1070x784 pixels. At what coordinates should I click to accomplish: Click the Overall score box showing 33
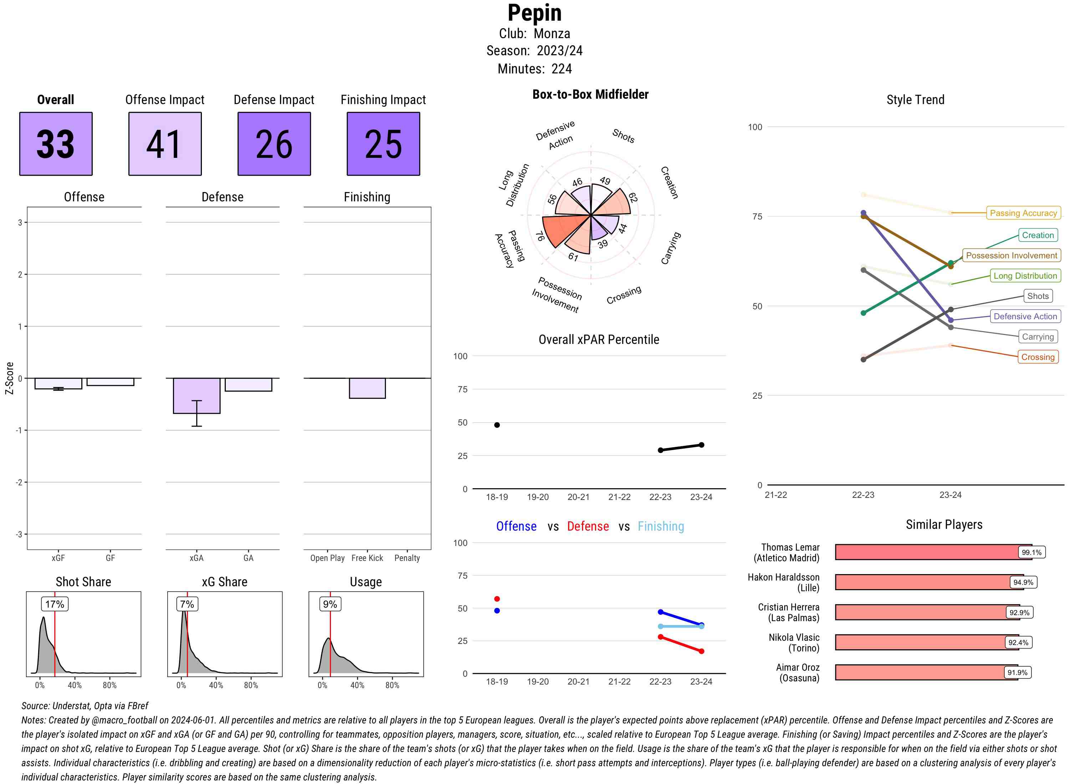tap(56, 144)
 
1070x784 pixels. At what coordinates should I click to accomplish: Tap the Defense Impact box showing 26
tap(274, 144)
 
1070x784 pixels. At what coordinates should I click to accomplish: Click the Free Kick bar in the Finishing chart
tap(367, 388)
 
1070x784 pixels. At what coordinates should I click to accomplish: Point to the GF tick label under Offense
tap(110, 558)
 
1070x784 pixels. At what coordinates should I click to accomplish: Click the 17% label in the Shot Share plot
tap(55, 604)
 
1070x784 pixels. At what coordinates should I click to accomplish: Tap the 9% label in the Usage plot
tap(330, 604)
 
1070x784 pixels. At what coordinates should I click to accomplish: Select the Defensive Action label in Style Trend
tap(1025, 316)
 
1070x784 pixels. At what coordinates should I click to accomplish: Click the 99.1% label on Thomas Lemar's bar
tap(1031, 552)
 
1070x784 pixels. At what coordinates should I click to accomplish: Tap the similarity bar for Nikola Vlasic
tap(926, 642)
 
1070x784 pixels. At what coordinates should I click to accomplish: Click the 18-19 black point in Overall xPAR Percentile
tap(497, 425)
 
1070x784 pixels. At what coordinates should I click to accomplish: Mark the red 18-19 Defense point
tap(497, 599)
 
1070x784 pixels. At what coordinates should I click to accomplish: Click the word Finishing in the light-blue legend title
tap(661, 526)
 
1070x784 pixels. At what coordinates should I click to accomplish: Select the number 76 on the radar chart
tap(540, 236)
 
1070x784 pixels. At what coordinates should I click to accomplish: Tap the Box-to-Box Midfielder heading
tap(590, 94)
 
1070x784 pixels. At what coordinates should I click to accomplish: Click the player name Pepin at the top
tap(534, 13)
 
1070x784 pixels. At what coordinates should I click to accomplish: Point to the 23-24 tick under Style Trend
tap(950, 495)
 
